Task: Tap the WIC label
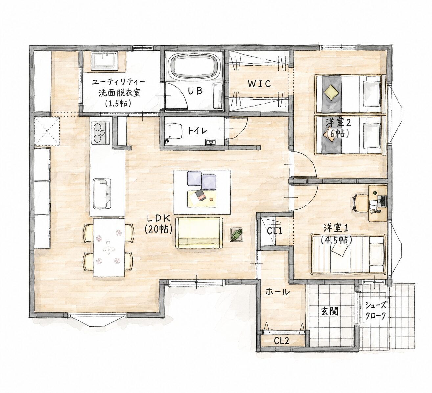click(259, 83)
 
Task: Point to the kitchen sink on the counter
click(102, 194)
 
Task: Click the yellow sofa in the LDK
click(199, 233)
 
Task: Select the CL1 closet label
click(274, 231)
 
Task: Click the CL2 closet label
click(282, 341)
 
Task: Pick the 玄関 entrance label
click(330, 311)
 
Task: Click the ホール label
click(277, 292)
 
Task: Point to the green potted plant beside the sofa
click(237, 234)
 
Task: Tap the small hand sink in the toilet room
click(210, 142)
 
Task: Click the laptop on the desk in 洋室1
click(382, 200)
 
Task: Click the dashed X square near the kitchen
click(47, 131)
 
